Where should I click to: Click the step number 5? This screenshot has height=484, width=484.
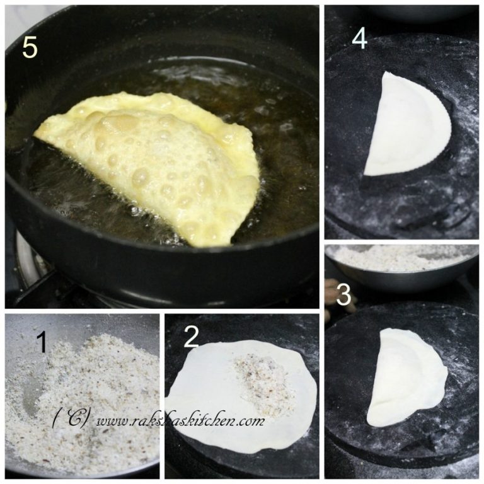[30, 47]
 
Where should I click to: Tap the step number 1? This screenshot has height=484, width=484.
[42, 343]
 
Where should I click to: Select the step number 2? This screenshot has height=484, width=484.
[191, 338]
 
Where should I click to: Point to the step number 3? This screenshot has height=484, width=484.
[343, 295]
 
